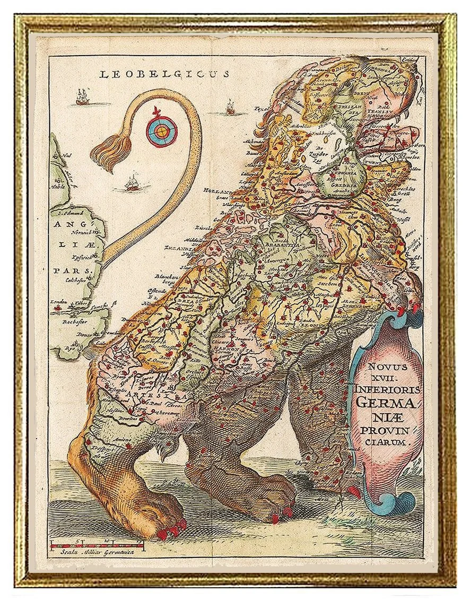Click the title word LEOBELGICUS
tap(164, 74)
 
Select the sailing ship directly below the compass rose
tap(132, 183)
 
